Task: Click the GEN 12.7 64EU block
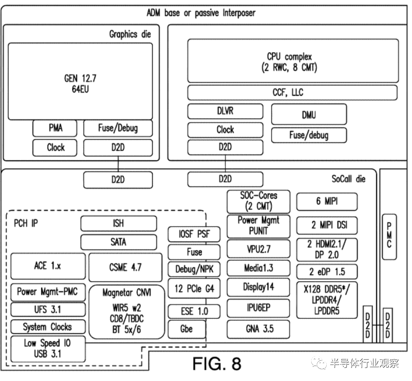pyautogui.click(x=80, y=81)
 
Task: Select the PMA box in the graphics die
pyautogui.click(x=55, y=128)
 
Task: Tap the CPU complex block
pyautogui.click(x=293, y=61)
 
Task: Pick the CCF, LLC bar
pyautogui.click(x=292, y=93)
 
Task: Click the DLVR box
pyautogui.click(x=225, y=111)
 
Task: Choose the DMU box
pyautogui.click(x=309, y=114)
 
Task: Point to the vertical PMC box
pyautogui.click(x=389, y=237)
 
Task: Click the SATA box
pyautogui.click(x=119, y=242)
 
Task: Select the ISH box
pyautogui.click(x=119, y=223)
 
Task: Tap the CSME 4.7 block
pyautogui.click(x=125, y=267)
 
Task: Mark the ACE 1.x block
pyautogui.click(x=48, y=266)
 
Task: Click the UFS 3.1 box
pyautogui.click(x=48, y=309)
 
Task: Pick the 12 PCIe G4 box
pyautogui.click(x=194, y=288)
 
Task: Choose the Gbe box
pyautogui.click(x=187, y=329)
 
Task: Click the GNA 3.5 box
pyautogui.click(x=258, y=329)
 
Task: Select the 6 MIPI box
pyautogui.click(x=327, y=202)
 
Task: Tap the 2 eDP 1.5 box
pyautogui.click(x=327, y=272)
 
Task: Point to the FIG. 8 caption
pyautogui.click(x=217, y=364)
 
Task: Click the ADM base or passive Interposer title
pyautogui.click(x=201, y=13)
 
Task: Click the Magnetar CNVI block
pyautogui.click(x=127, y=312)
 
